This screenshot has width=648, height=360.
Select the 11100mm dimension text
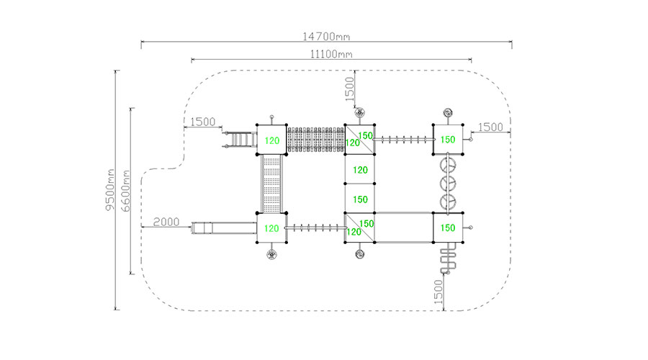330,54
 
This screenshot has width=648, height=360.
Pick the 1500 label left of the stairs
203,122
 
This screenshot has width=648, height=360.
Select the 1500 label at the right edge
490,127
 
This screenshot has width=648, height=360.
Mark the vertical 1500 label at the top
350,89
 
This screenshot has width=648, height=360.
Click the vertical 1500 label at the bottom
438,292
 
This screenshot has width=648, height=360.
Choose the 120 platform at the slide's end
271,228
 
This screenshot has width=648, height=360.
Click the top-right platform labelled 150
448,139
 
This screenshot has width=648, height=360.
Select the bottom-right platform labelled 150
448,228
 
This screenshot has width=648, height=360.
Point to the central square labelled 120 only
360,170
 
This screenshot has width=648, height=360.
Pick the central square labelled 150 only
360,199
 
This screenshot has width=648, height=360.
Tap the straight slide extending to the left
223,229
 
